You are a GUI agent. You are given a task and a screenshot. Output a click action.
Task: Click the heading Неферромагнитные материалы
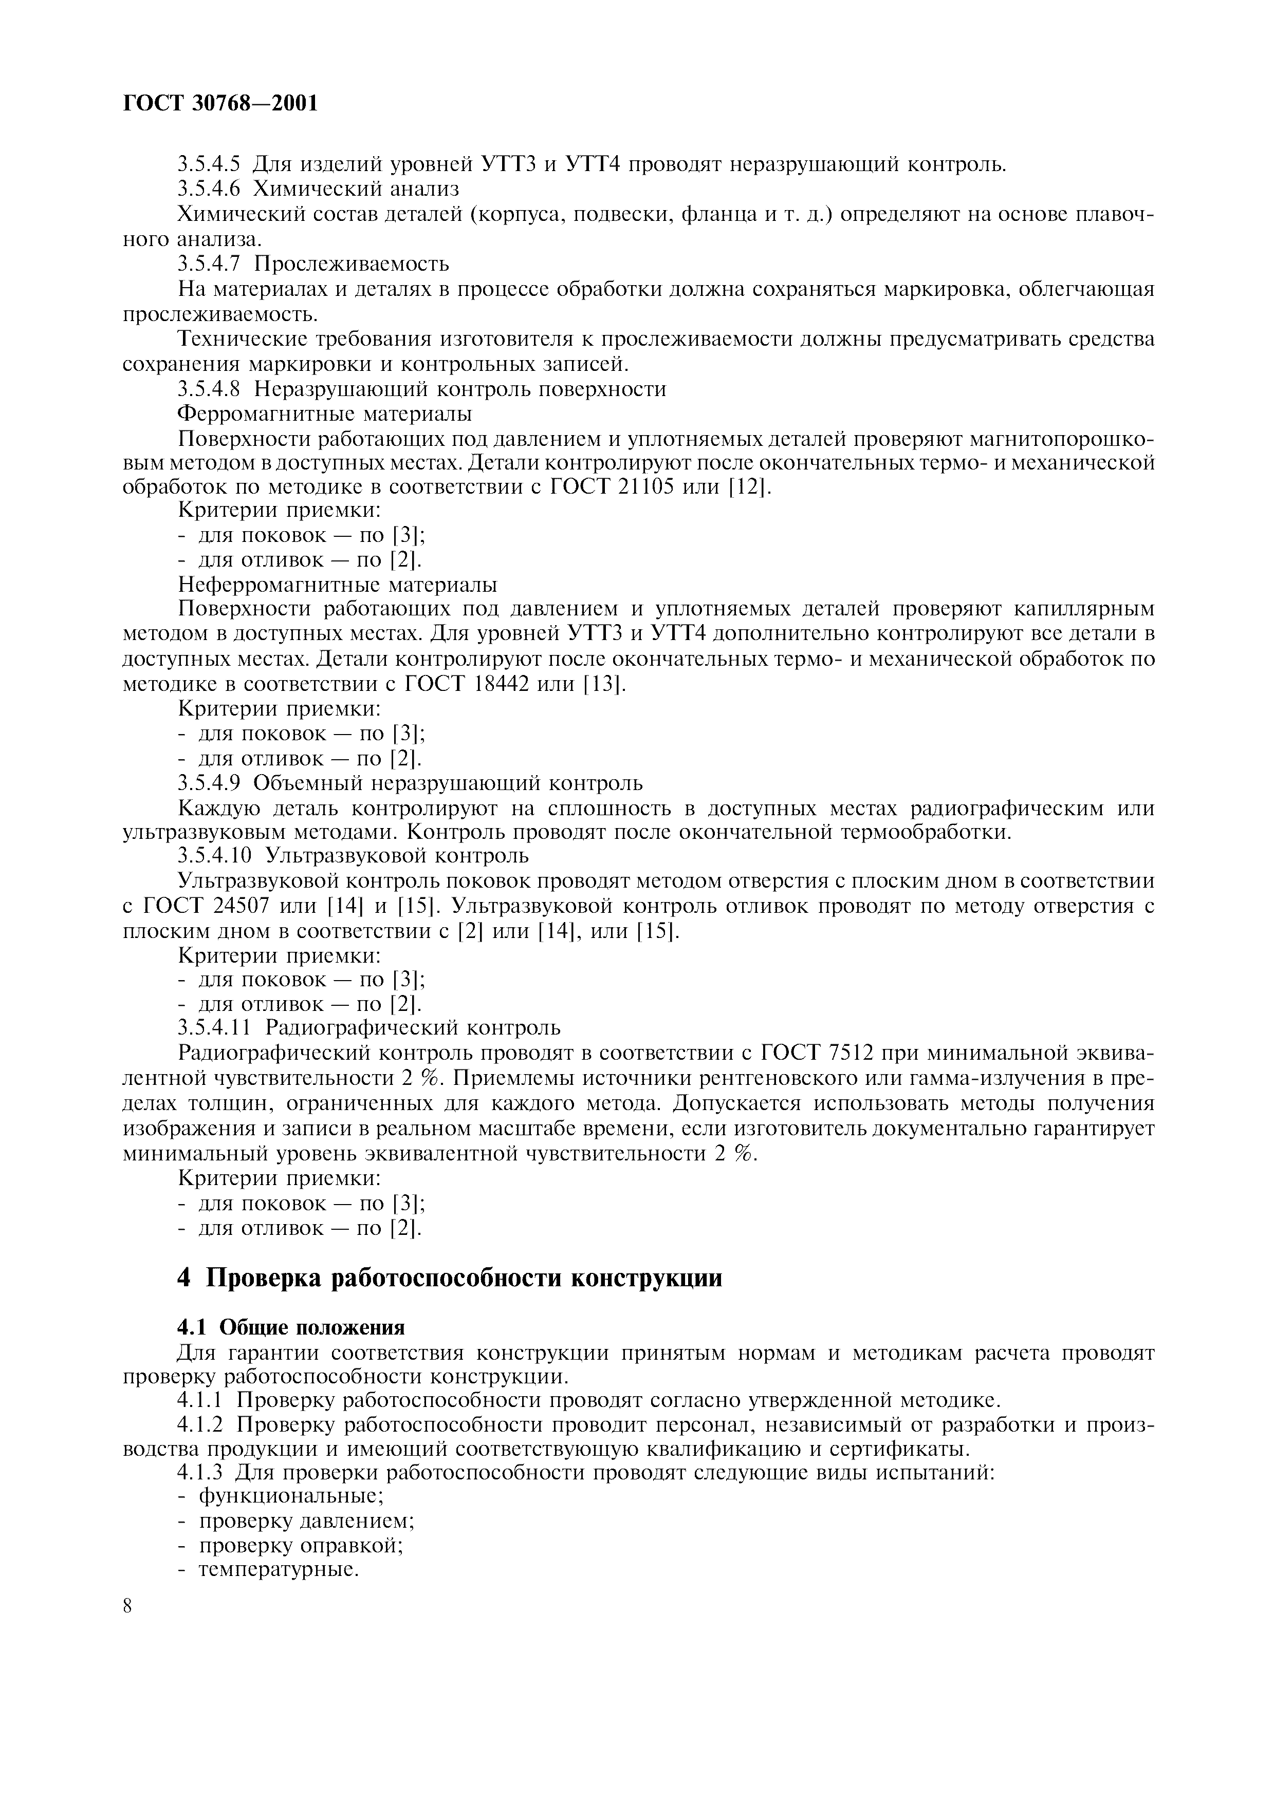[x=338, y=586]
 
